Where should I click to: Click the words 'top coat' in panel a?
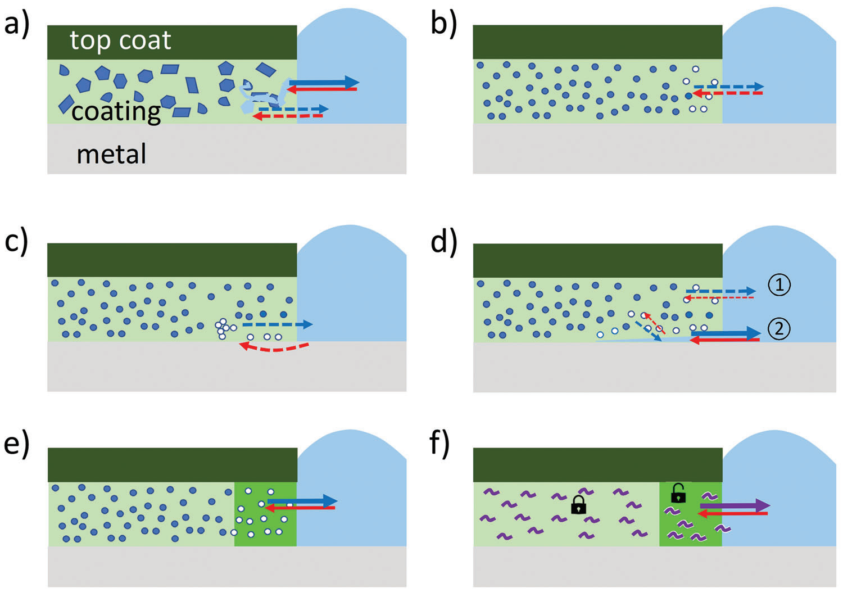click(x=120, y=40)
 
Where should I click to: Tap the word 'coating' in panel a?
click(x=116, y=111)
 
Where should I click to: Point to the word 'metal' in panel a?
click(x=111, y=153)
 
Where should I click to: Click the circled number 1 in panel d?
click(x=779, y=285)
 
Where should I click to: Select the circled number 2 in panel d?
click(x=779, y=328)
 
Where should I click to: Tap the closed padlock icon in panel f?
click(x=578, y=505)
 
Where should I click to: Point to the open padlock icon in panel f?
click(x=678, y=493)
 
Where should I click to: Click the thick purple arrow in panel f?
click(x=734, y=505)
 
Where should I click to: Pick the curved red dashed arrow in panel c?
click(x=274, y=348)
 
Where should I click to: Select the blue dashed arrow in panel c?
click(x=277, y=324)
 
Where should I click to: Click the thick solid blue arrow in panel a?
click(x=324, y=83)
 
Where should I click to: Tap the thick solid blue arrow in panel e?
click(x=302, y=501)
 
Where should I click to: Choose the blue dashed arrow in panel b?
click(x=728, y=87)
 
